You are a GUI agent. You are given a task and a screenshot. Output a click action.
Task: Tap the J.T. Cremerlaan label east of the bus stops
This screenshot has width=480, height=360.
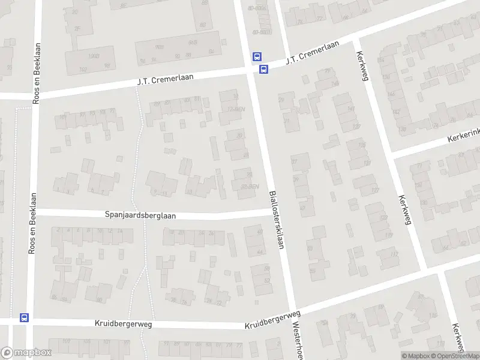[312, 52]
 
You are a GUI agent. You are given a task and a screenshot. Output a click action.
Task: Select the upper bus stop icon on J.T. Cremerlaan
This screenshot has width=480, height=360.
[257, 57]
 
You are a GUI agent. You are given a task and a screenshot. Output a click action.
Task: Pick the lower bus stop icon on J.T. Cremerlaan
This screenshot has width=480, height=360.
[263, 69]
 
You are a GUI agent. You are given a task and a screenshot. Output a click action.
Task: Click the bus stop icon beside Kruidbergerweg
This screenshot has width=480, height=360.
[24, 317]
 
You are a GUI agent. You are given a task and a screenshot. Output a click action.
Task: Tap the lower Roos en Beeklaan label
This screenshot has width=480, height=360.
[32, 232]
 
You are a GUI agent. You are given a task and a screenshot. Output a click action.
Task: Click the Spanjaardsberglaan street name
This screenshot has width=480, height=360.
[140, 215]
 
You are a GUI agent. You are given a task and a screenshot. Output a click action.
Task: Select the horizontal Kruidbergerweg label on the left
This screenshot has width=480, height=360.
[123, 323]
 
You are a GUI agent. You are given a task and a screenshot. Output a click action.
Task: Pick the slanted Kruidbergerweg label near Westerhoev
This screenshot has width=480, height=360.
[272, 320]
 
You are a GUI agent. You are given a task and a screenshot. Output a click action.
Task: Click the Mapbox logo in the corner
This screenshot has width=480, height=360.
[26, 353]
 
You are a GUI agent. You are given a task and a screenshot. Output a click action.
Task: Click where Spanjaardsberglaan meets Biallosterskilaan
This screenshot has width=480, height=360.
[271, 211]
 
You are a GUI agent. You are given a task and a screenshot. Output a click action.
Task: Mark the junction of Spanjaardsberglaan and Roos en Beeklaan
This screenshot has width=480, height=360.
[34, 212]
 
